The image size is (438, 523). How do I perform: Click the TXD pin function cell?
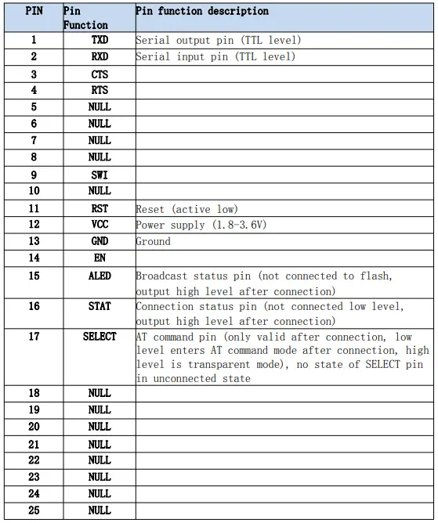tap(100, 40)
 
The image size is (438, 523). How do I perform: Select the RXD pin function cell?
tap(100, 56)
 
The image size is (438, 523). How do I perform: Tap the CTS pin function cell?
tap(100, 74)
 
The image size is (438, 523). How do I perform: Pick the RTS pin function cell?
tap(100, 90)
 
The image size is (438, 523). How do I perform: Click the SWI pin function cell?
tap(100, 175)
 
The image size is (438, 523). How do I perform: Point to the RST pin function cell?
tap(100, 209)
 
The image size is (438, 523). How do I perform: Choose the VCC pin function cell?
tap(100, 225)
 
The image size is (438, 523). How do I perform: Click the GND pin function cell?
tap(100, 241)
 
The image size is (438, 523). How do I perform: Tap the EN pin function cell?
tap(100, 258)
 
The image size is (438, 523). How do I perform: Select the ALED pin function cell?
tap(100, 276)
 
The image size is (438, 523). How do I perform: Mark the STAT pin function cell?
tap(100, 306)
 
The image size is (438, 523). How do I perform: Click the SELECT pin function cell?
tap(100, 336)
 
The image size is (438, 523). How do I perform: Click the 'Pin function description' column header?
tap(202, 12)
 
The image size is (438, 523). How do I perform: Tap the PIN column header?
tap(34, 12)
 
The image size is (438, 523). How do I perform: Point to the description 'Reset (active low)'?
tap(186, 209)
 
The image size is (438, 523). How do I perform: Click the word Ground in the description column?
tap(153, 241)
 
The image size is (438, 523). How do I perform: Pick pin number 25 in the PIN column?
tap(34, 510)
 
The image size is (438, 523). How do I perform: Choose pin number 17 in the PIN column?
tap(34, 336)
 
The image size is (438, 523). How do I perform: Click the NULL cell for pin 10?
tap(100, 191)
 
